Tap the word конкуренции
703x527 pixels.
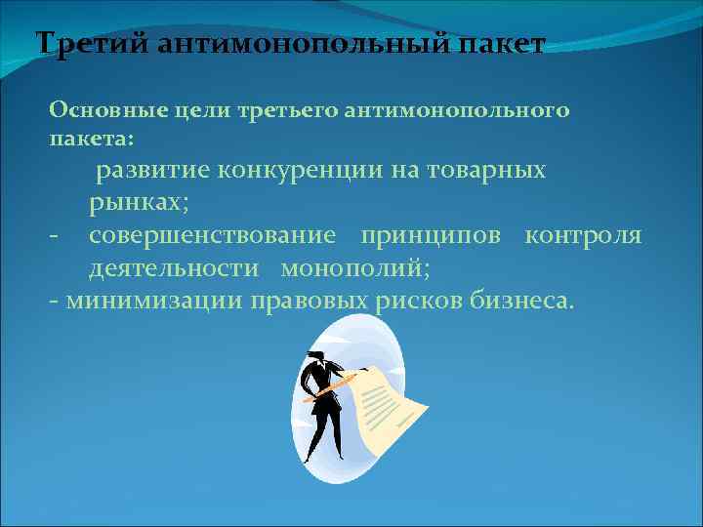(293, 171)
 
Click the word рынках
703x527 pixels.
(139, 203)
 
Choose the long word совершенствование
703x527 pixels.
(213, 235)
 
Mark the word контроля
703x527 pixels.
(583, 235)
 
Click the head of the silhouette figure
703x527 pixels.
(317, 360)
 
